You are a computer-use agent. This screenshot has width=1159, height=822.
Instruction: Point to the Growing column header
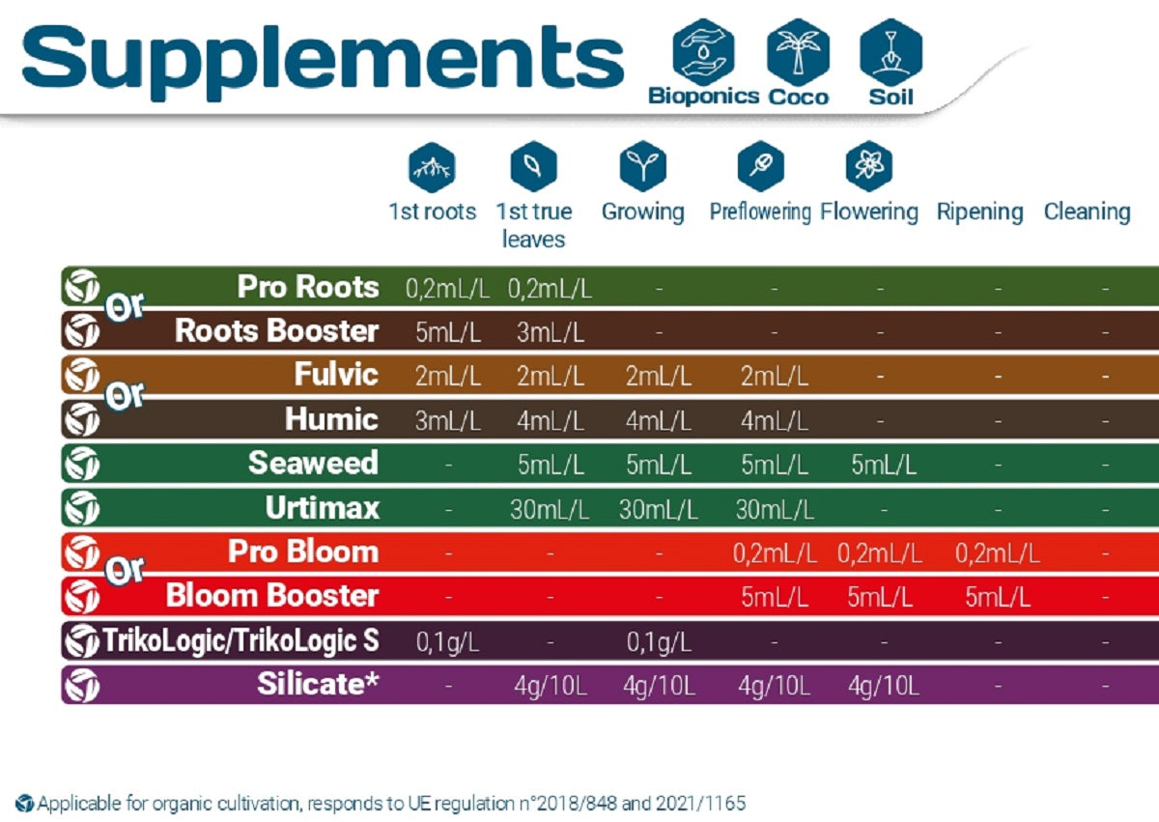(x=642, y=212)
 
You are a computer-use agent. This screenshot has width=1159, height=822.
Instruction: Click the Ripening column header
(x=979, y=212)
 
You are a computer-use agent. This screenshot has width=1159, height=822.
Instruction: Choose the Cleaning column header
(x=1087, y=212)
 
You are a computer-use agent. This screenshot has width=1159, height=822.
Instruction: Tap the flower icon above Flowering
(x=867, y=166)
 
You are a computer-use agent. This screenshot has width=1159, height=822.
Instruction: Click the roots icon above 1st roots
(x=432, y=166)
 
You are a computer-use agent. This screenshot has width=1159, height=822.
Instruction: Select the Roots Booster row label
(x=276, y=330)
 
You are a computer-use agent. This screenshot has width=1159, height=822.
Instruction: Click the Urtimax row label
(x=323, y=507)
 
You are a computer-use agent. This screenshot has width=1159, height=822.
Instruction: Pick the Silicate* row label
(x=318, y=684)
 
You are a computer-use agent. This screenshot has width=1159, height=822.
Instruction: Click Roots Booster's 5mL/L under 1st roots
(x=448, y=332)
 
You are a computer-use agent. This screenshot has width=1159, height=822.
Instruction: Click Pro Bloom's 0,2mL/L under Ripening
(x=998, y=553)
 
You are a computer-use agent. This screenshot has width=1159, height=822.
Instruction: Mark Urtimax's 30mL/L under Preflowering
(x=775, y=509)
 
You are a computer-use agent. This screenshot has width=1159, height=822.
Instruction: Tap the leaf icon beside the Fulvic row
(x=81, y=375)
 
